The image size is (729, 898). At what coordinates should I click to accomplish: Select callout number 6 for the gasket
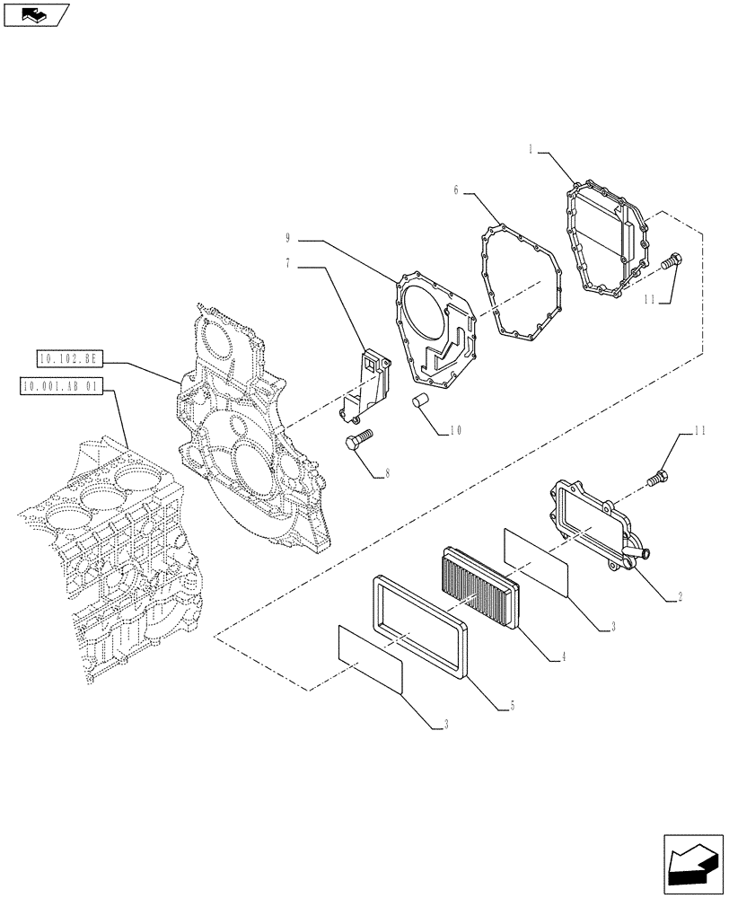tap(456, 190)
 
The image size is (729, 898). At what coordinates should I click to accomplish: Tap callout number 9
tap(287, 239)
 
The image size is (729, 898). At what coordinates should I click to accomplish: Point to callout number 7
tap(287, 266)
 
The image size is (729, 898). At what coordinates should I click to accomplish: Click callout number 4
tap(562, 658)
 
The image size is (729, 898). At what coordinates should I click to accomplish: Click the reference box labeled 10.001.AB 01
tap(61, 387)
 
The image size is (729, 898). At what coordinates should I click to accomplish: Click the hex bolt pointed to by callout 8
tap(357, 441)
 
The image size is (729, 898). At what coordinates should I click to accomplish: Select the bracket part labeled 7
tap(368, 386)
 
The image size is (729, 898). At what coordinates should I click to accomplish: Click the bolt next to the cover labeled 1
tap(671, 261)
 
